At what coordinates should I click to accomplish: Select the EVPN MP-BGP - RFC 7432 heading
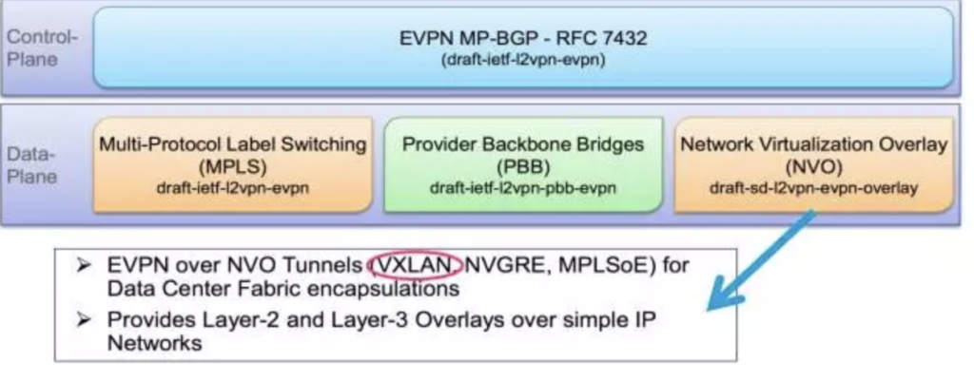(x=523, y=38)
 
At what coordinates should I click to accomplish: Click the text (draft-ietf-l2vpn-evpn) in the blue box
(x=523, y=62)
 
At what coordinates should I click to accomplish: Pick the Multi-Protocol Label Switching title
(x=233, y=144)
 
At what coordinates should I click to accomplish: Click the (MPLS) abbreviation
(x=233, y=167)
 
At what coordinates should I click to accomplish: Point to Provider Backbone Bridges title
(x=523, y=144)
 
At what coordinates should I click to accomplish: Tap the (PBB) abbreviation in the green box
(x=523, y=167)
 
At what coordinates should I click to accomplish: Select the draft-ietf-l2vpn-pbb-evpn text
(x=523, y=187)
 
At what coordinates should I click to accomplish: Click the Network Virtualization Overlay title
(x=814, y=144)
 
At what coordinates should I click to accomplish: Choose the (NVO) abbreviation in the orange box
(x=814, y=167)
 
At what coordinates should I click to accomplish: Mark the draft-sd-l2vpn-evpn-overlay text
(x=814, y=187)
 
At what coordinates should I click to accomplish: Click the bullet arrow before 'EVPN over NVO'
(x=84, y=266)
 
